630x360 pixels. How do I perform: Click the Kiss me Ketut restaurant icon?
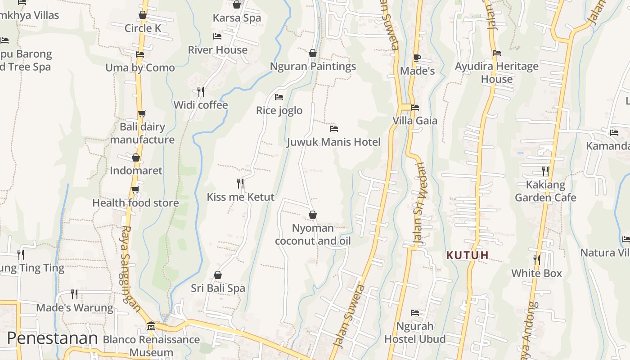(x=240, y=183)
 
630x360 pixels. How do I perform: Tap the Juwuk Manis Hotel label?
(x=333, y=142)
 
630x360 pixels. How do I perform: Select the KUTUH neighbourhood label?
(x=467, y=255)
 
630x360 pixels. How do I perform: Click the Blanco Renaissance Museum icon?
(x=151, y=326)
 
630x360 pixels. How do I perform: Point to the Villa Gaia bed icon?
(x=415, y=108)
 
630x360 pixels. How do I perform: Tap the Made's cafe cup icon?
(x=417, y=58)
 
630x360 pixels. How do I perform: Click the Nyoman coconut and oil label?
(x=313, y=234)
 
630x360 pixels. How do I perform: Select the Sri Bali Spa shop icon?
(x=218, y=274)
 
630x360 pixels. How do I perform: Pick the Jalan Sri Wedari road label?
(x=419, y=203)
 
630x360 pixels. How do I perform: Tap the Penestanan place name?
(x=52, y=338)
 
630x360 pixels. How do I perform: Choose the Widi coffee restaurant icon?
(x=201, y=91)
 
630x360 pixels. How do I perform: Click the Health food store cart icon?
(x=135, y=190)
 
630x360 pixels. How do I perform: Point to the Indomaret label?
(x=136, y=171)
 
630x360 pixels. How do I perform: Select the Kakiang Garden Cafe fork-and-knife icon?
(x=545, y=171)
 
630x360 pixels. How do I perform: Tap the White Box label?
(x=536, y=273)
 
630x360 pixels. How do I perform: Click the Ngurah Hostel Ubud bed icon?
(x=415, y=312)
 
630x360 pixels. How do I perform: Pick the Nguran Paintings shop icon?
(x=313, y=53)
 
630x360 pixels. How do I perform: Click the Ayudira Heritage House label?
(x=497, y=72)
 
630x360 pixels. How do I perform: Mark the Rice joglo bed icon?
(x=279, y=97)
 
